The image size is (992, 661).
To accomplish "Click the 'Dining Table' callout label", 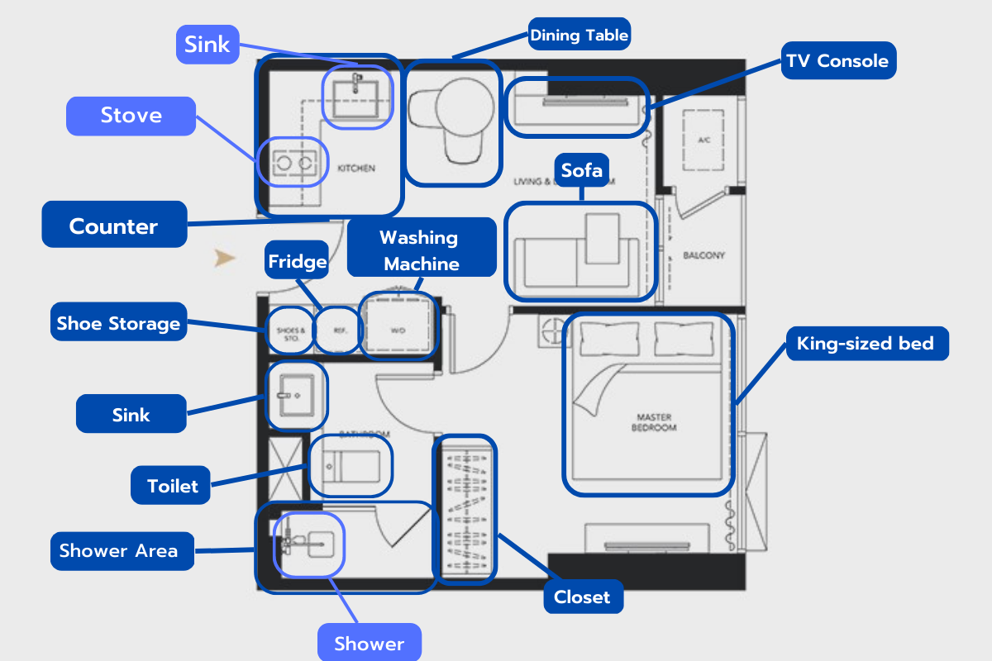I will (x=579, y=36).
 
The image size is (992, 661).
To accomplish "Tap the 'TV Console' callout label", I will (x=838, y=60).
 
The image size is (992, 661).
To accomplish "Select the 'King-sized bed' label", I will (x=865, y=343).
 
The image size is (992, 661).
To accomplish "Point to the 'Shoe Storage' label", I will (x=118, y=323).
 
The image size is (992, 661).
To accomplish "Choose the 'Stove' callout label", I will (x=131, y=116).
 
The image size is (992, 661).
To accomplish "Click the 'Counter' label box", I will (x=114, y=226).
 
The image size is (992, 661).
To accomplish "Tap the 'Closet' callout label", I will (x=582, y=597).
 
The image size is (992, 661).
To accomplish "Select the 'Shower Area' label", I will (x=118, y=550).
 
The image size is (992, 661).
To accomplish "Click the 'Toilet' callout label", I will (x=172, y=485).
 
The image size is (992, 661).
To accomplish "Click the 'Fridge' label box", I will (x=297, y=263).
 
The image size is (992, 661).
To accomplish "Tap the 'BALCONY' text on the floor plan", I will (x=703, y=255).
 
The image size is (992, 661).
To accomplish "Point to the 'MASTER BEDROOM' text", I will (x=653, y=422).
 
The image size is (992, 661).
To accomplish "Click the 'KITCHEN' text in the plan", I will (x=356, y=169).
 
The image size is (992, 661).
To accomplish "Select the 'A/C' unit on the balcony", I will (x=704, y=140).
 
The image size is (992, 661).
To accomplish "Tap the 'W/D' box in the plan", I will (x=398, y=330).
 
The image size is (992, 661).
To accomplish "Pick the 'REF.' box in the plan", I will (x=339, y=330).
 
